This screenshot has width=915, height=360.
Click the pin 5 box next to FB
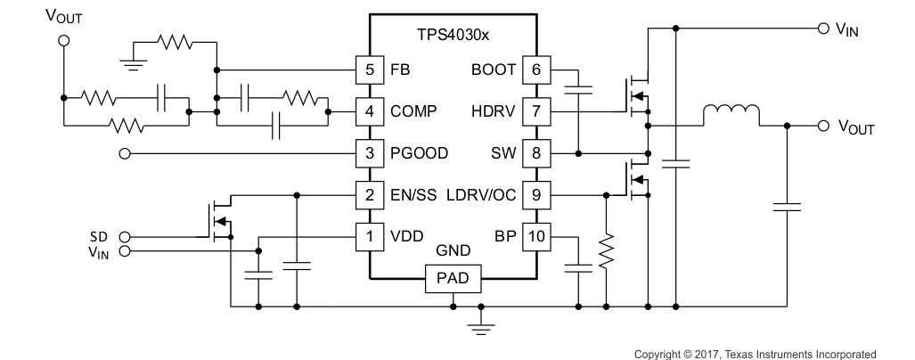369,70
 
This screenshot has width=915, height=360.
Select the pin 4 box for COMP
369,111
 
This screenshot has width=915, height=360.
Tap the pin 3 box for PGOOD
369,153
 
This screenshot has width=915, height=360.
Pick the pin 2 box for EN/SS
369,195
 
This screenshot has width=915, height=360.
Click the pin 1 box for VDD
369,237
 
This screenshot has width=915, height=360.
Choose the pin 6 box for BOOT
536,70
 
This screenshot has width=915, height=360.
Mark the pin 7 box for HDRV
536,111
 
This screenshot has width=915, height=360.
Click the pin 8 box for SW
536,153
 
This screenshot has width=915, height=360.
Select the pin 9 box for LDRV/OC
536,195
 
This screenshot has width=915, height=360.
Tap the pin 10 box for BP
536,237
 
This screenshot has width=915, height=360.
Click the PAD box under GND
453,280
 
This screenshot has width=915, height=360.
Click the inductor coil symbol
731,116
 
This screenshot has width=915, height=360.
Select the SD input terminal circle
124,237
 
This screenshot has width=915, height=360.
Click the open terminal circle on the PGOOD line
124,153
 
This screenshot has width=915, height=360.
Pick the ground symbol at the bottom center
481,326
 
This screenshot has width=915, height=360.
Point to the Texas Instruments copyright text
755,354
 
